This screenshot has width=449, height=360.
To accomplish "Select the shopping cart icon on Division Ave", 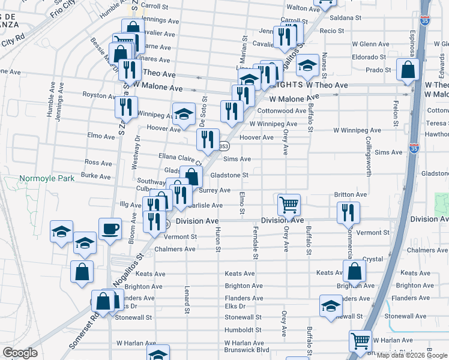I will coord(289,205).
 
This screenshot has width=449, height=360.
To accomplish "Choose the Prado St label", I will coord(378,70).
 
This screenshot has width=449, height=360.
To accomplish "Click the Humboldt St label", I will coord(243,329).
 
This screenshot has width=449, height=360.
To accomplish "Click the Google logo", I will coord(20,352).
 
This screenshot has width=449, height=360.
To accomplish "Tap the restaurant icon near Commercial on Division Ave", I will coord(348,213).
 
